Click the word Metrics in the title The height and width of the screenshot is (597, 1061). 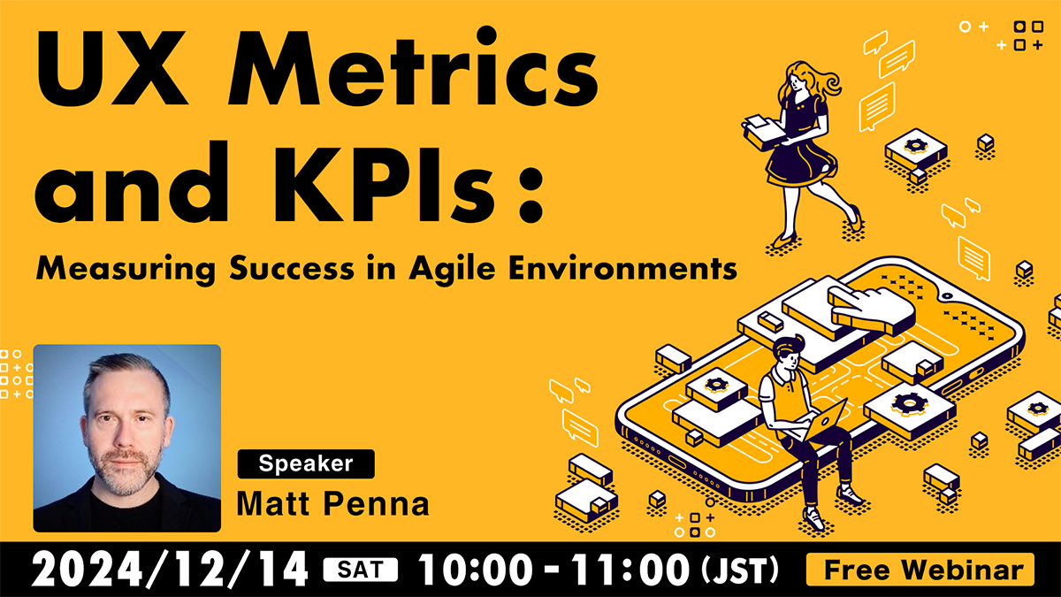click(413, 67)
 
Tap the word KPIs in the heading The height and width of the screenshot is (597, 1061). click(384, 182)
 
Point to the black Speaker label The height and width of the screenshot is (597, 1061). click(306, 463)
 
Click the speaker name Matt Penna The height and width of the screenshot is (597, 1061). click(333, 503)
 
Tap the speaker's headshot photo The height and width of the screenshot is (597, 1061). click(127, 439)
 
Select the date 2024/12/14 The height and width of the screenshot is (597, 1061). click(170, 570)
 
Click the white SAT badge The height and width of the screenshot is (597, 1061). click(361, 570)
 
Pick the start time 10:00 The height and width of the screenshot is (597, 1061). click(475, 570)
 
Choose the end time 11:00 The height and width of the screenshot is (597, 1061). click(630, 570)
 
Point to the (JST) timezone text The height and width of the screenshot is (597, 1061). click(740, 570)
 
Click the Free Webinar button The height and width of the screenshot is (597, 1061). click(920, 570)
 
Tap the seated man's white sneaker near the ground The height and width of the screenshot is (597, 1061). click(814, 519)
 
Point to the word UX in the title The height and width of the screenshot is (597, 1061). click(111, 67)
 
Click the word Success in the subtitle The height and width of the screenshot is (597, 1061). click(292, 269)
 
